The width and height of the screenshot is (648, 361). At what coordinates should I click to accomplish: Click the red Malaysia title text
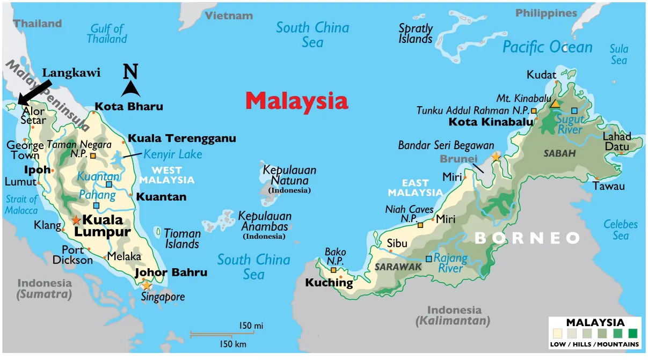[296, 101]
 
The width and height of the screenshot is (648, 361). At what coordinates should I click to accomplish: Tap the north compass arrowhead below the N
[130, 89]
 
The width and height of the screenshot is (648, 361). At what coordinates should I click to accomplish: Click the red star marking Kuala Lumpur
[76, 220]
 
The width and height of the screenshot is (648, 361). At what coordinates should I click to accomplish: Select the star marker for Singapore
[146, 286]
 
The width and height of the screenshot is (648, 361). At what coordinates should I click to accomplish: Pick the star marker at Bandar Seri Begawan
[495, 157]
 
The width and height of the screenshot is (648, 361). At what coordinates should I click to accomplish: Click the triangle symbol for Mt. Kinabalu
[555, 104]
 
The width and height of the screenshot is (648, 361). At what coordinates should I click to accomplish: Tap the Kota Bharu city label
[129, 106]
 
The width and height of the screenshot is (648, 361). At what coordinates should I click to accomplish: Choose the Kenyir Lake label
[173, 154]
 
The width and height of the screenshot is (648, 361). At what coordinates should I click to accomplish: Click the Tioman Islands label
[182, 239]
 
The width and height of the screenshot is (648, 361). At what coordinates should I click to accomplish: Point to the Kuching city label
[329, 283]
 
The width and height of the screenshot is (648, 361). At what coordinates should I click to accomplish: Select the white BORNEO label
[528, 238]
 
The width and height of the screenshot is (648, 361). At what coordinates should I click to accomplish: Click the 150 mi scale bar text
[251, 326]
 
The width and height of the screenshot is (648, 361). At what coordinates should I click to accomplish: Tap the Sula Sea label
[618, 55]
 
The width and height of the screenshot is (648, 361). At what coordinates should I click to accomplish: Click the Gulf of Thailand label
[107, 33]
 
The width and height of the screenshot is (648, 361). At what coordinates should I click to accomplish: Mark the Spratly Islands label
[416, 33]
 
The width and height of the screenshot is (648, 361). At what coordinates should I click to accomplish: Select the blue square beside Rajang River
[428, 259]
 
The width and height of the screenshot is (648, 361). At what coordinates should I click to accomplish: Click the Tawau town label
[609, 186]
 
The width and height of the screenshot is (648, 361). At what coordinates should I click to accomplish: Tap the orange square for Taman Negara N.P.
[93, 156]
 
